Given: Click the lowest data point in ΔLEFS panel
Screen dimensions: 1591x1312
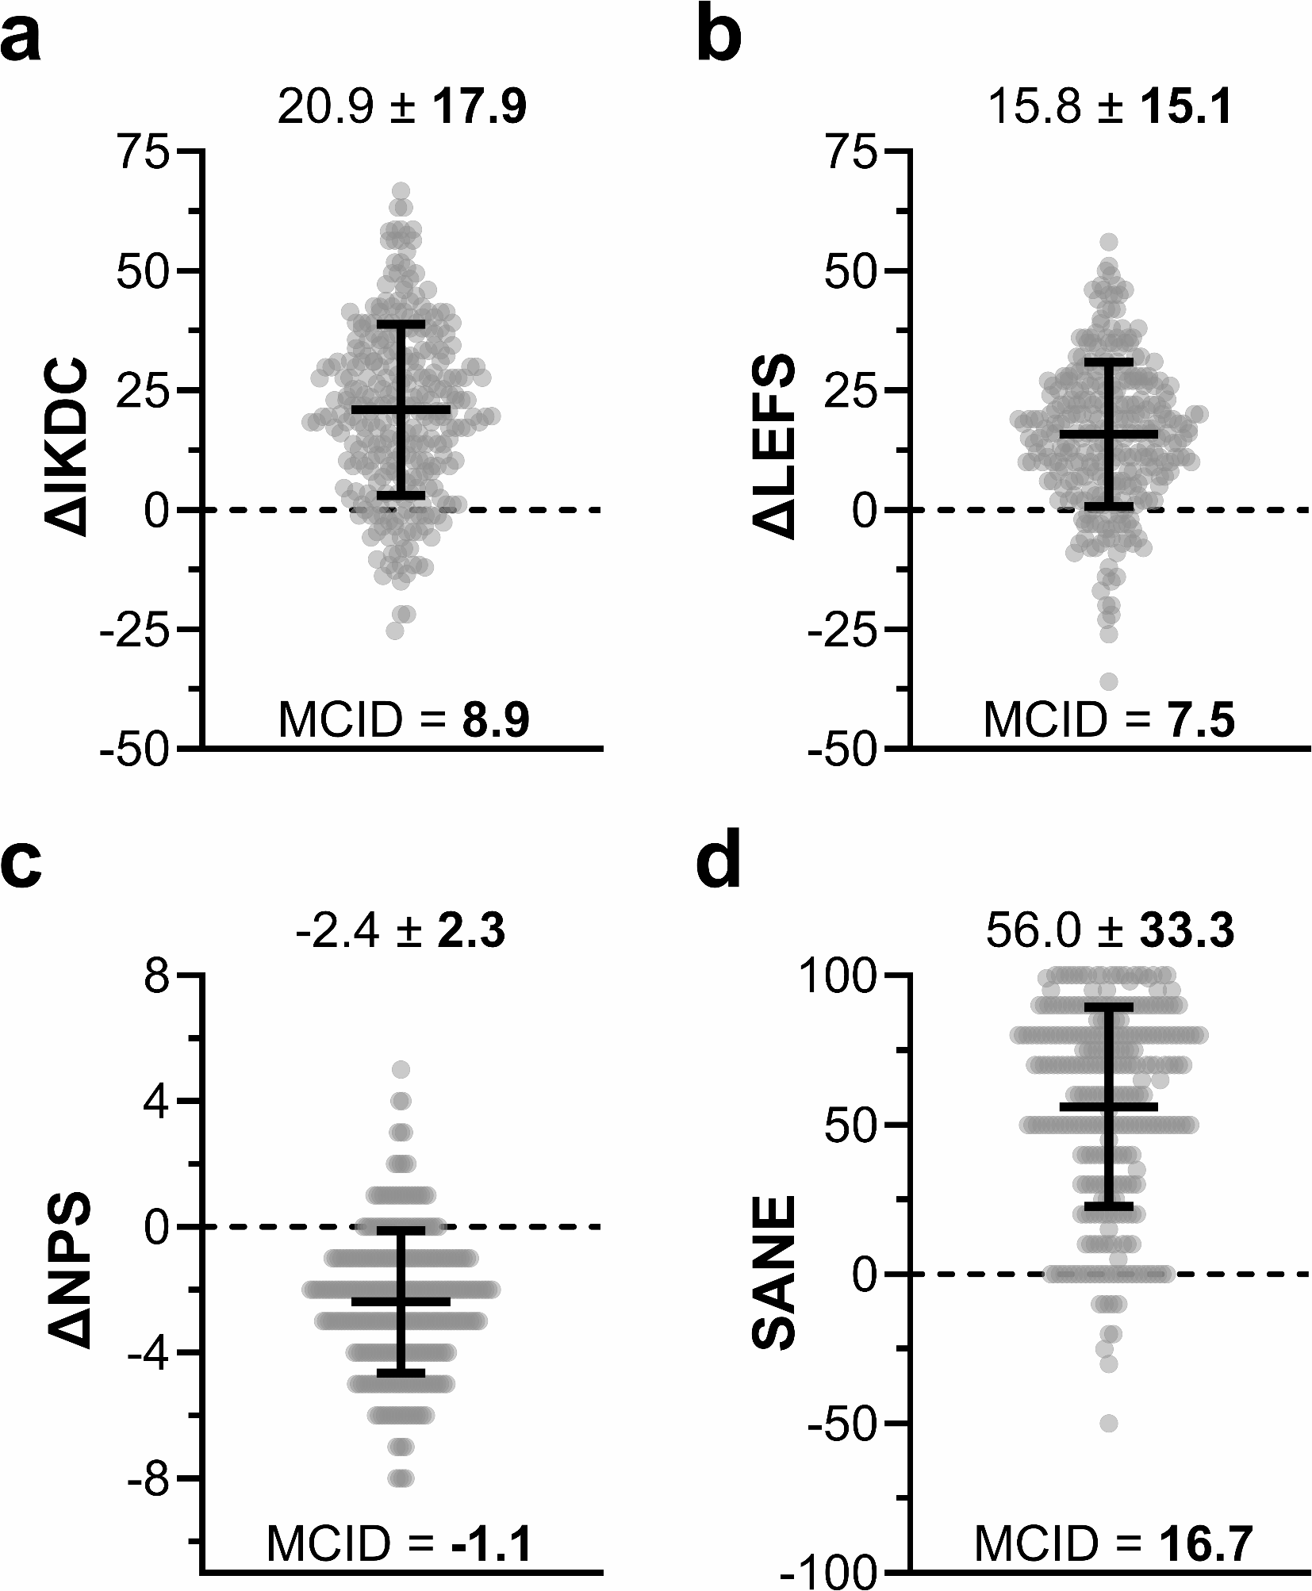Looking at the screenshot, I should [x=1109, y=681].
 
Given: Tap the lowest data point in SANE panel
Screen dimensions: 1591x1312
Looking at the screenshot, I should [x=1109, y=1424].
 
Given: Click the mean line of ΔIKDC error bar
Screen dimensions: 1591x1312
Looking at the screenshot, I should [x=401, y=409].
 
